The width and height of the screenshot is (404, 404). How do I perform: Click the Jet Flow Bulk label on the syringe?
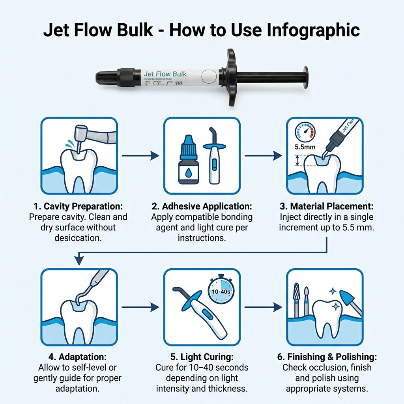pyautogui.click(x=165, y=74)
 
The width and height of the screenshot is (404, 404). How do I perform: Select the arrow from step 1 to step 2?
pyautogui.click(x=140, y=156)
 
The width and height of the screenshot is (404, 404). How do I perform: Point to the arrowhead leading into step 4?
pyautogui.click(x=79, y=261)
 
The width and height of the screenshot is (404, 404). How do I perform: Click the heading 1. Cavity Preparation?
pyautogui.click(x=78, y=207)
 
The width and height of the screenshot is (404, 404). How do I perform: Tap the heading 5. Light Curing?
pyautogui.click(x=202, y=357)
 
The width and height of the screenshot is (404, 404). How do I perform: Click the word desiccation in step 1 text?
pyautogui.click(x=78, y=238)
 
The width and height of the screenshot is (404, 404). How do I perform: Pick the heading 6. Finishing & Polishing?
pyautogui.click(x=326, y=357)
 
